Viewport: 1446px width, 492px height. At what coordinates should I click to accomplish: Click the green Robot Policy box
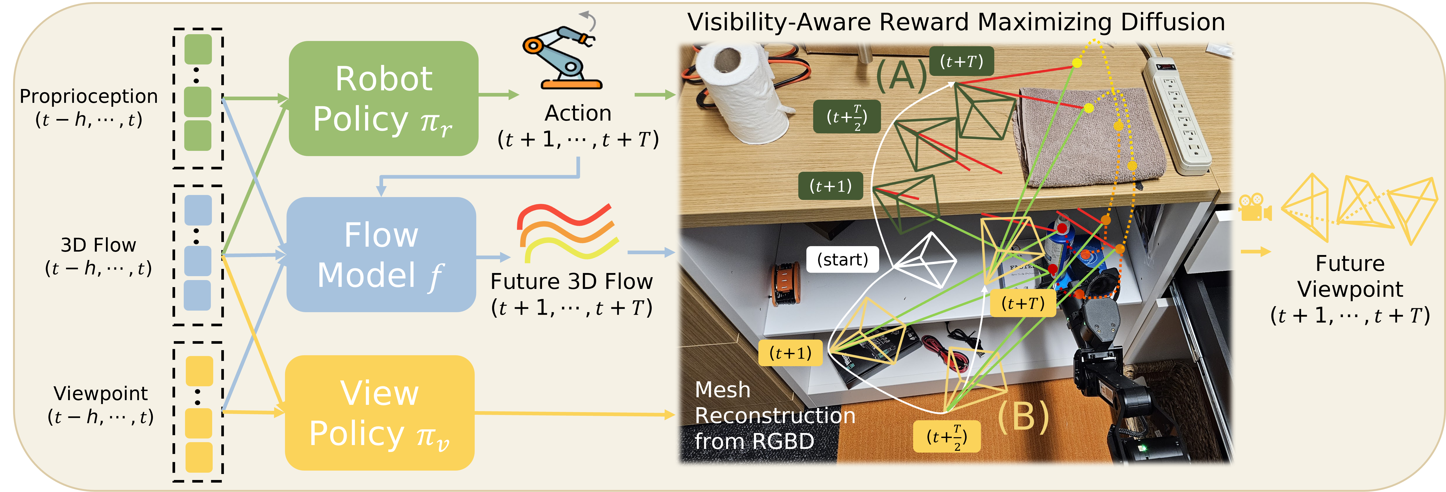coord(383,98)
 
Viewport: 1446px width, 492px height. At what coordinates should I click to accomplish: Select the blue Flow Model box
coord(381,254)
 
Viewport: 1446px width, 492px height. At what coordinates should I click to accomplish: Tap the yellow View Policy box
coord(380,413)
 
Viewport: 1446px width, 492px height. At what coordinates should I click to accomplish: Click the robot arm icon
coord(561,56)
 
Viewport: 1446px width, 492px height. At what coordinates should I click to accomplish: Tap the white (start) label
coord(842,259)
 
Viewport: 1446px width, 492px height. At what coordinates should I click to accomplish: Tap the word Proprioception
coord(89,96)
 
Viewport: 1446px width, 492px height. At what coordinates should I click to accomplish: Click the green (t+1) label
coord(830,186)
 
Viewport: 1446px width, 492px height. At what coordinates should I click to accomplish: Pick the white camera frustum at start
coord(926,261)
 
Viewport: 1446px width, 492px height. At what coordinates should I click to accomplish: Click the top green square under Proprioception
coord(198,49)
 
